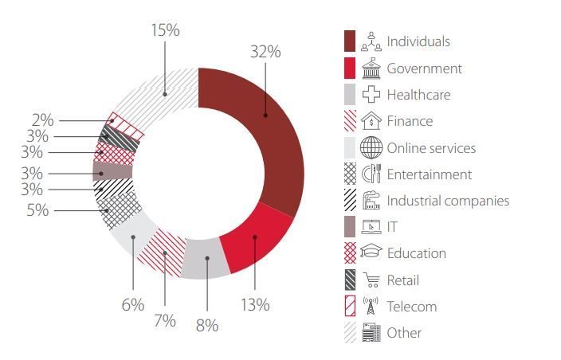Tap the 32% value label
pos(265,52)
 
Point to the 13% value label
pos(255,305)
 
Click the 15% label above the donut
pos(165,30)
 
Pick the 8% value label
pos(207,325)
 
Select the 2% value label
pos(42,120)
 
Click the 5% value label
pos(37,210)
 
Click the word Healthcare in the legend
pos(418,95)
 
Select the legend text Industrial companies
pos(448,201)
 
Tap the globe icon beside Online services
pos(371,147)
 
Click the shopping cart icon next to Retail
pos(371,280)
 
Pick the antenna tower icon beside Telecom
pos(371,306)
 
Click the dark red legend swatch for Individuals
pos(350,41)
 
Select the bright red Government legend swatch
pos(350,68)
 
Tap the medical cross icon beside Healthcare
pos(371,94)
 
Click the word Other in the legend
pos(404,333)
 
